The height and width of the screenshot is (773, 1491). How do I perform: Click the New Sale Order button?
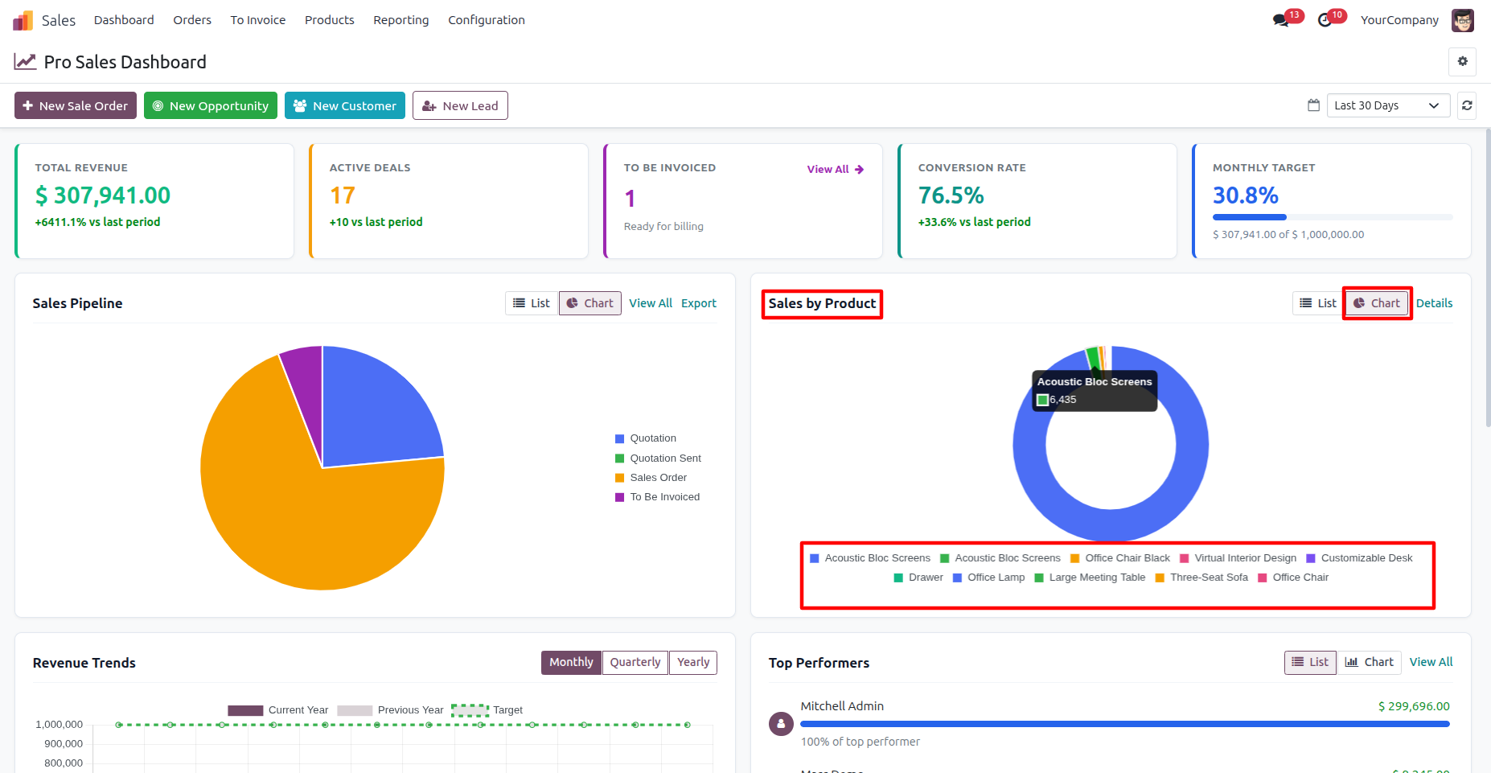click(x=76, y=105)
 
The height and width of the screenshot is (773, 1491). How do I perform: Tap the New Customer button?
click(x=345, y=105)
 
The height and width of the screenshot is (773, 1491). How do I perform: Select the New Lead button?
click(x=460, y=105)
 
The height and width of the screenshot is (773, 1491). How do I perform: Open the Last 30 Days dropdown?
click(x=1388, y=105)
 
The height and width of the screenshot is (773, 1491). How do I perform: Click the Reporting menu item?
click(x=401, y=20)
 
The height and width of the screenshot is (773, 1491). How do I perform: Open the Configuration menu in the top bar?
click(x=487, y=20)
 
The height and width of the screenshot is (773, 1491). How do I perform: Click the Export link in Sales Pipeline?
click(x=699, y=303)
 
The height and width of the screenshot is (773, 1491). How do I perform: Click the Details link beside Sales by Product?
click(x=1434, y=303)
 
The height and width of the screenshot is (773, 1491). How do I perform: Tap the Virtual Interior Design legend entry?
click(x=1238, y=558)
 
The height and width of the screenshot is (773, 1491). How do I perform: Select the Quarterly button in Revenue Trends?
click(x=635, y=662)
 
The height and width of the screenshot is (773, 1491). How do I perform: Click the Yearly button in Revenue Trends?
click(x=693, y=662)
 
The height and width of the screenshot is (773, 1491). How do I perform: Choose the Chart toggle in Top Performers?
click(x=1370, y=662)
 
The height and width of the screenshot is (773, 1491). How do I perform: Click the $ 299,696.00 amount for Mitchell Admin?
click(x=1414, y=706)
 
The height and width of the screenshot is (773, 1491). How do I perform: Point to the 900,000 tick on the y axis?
click(x=64, y=744)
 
